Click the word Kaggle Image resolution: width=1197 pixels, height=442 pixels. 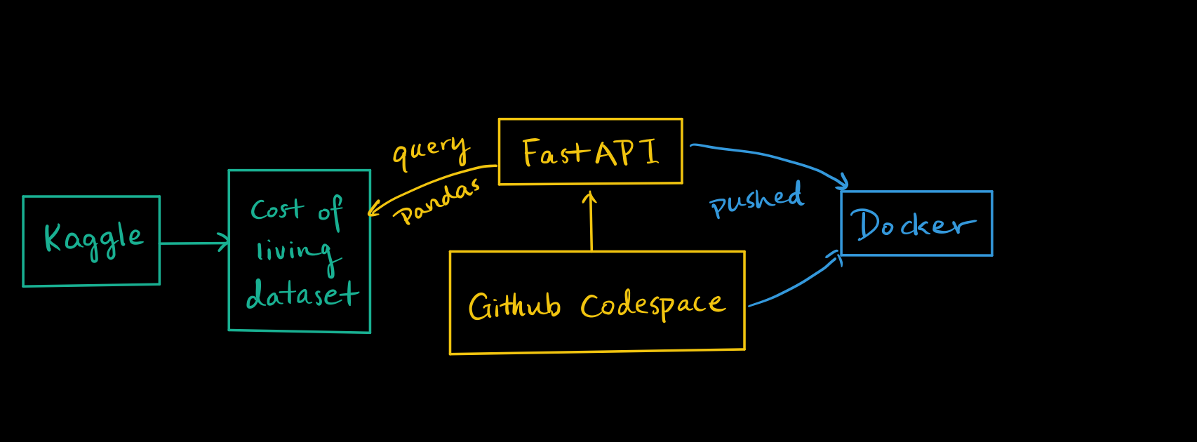click(93, 240)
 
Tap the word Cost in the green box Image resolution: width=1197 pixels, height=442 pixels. click(276, 209)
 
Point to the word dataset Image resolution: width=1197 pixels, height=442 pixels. click(302, 295)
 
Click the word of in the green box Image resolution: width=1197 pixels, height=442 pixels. click(330, 211)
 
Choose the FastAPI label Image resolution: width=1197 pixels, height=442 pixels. click(590, 152)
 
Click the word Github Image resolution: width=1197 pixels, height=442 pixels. click(514, 306)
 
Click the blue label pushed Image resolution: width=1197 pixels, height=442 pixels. click(757, 199)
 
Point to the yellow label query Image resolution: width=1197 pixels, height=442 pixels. click(430, 151)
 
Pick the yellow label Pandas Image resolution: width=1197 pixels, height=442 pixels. click(439, 201)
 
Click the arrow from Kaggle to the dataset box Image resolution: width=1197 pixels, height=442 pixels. click(193, 243)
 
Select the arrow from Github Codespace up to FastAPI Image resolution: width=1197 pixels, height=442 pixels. click(591, 225)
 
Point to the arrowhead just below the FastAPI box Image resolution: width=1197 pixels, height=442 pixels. click(590, 197)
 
